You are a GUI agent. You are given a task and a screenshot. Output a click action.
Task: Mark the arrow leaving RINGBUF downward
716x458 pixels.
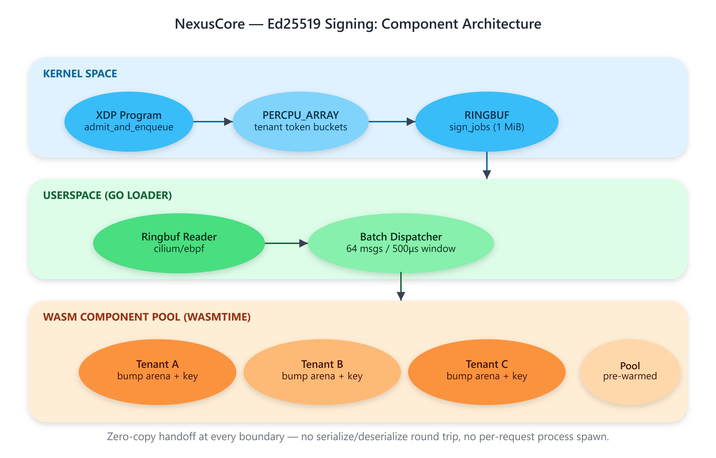click(487, 165)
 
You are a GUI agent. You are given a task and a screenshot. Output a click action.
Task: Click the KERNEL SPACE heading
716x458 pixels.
click(80, 73)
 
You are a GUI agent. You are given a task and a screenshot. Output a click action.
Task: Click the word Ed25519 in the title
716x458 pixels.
click(294, 24)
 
